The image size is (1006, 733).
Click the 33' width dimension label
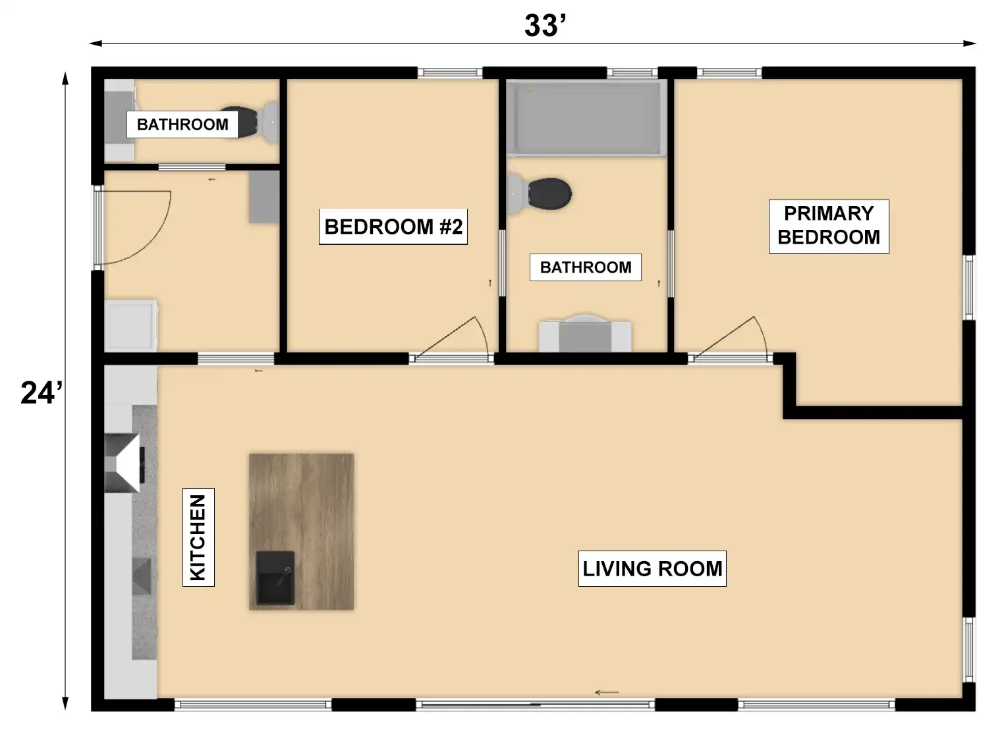[x=545, y=26]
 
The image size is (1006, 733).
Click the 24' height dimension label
[x=42, y=393]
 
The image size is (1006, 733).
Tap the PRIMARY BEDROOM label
[x=829, y=227]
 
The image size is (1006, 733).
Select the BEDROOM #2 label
[x=393, y=227]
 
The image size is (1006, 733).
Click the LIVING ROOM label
[x=652, y=569]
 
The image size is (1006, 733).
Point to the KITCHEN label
[x=198, y=537]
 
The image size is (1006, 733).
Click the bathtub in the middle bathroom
[x=586, y=118]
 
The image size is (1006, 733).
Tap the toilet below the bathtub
[x=539, y=194]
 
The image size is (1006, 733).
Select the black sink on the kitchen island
[x=275, y=578]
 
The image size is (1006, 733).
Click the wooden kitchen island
[x=301, y=532]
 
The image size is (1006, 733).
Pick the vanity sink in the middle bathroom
[x=585, y=333]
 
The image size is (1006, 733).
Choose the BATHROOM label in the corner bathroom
[x=182, y=124]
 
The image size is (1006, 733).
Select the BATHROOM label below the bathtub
[x=586, y=267]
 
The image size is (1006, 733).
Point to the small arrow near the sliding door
[x=607, y=693]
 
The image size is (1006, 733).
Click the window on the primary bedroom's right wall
[x=969, y=288]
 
